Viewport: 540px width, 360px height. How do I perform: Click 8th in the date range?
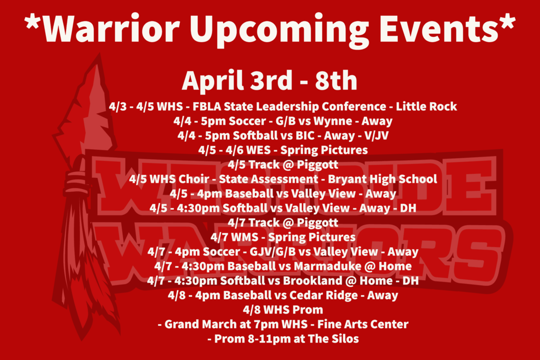pos(336,80)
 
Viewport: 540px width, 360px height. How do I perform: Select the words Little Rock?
pos(426,106)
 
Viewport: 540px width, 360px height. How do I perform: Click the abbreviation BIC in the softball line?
pos(305,135)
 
